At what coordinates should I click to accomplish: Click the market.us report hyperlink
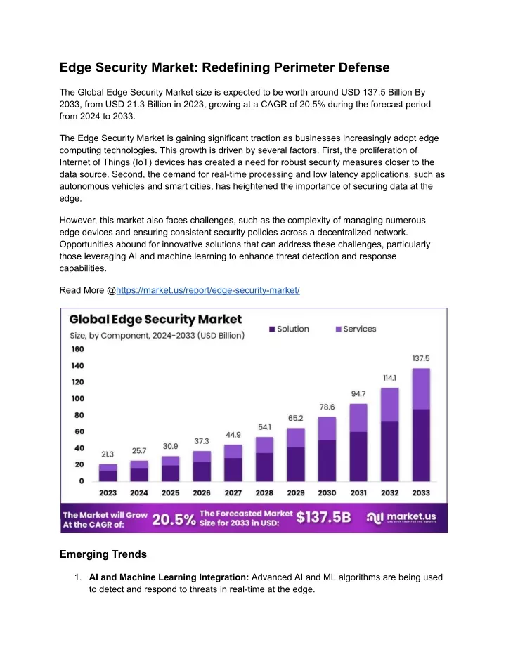coord(208,290)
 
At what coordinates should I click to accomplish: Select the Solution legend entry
coord(289,329)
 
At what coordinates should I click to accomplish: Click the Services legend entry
coord(356,329)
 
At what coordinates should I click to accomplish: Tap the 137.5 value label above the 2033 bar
coord(421,358)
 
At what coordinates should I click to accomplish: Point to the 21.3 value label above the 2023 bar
coord(108,454)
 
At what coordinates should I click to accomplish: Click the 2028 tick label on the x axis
coord(264,492)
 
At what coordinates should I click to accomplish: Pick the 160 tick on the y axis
coord(77,349)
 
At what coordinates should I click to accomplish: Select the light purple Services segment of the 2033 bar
coord(421,388)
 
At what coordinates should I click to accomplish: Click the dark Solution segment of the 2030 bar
coord(327,461)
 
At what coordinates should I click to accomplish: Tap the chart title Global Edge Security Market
coord(155,319)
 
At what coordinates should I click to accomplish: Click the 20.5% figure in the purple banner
coord(174,519)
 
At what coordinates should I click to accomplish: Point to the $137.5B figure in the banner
coord(324,518)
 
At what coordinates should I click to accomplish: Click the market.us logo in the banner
coord(401,518)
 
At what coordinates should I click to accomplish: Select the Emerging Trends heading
coord(103,554)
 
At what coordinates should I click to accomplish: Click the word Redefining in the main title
coord(236,67)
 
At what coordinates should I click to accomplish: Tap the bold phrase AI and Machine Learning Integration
coord(169,577)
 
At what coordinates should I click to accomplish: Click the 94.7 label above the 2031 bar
coord(358,393)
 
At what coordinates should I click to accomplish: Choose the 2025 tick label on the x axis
coord(170,492)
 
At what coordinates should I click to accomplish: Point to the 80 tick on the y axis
coord(79,415)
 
